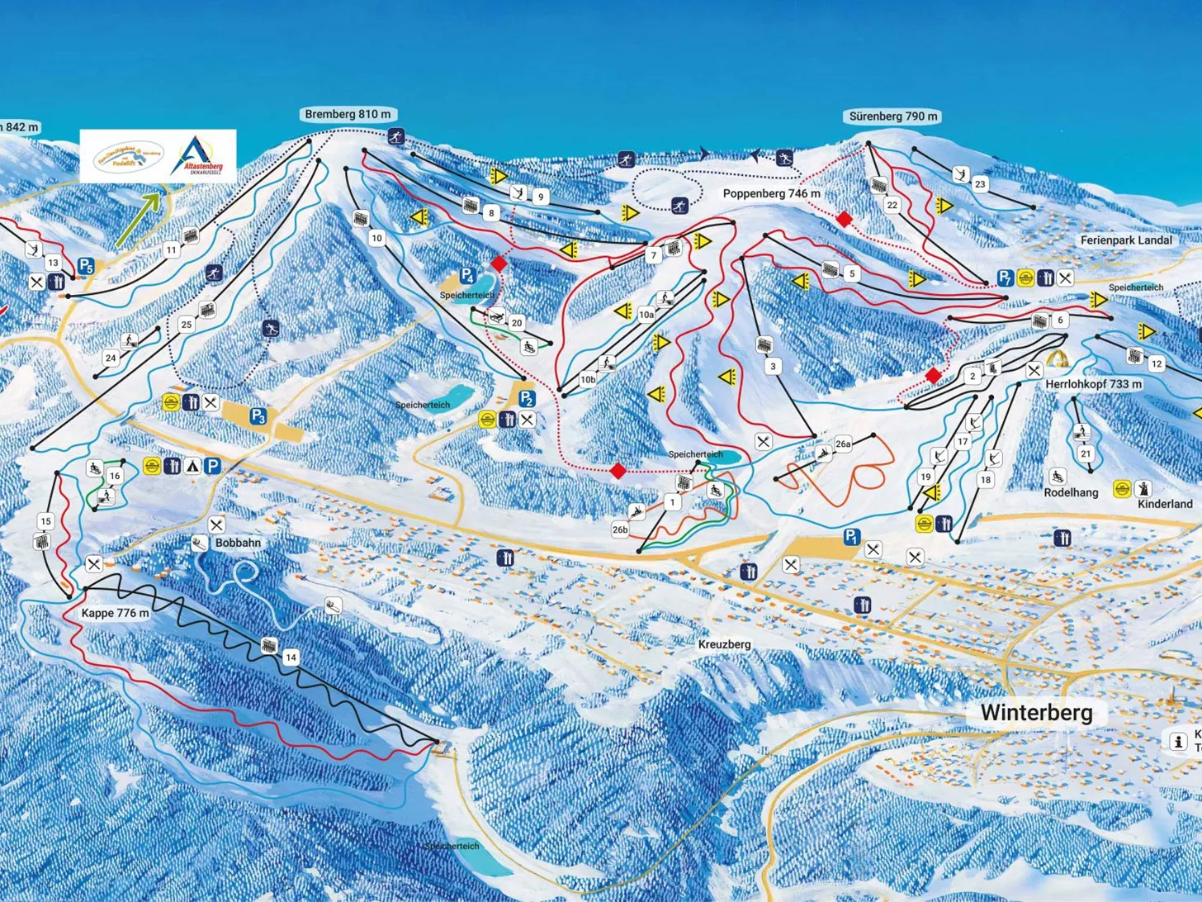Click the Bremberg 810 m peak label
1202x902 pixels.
click(x=348, y=114)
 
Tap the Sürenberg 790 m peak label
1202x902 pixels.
click(x=893, y=116)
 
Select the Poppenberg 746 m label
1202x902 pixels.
click(x=771, y=193)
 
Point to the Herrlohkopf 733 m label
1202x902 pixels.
click(x=1093, y=384)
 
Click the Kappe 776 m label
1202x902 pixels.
click(x=115, y=613)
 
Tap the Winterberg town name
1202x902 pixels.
click(x=1036, y=713)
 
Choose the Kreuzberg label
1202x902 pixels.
click(x=724, y=643)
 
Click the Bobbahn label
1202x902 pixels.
click(x=238, y=543)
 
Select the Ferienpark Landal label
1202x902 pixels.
click(x=1126, y=240)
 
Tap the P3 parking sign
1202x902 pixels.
click(x=258, y=415)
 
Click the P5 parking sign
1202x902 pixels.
click(x=86, y=266)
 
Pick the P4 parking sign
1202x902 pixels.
click(x=467, y=275)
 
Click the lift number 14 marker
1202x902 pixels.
click(x=290, y=658)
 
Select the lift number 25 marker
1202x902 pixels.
click(x=186, y=325)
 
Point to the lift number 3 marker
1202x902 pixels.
click(x=773, y=366)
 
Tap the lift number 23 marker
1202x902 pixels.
click(x=979, y=184)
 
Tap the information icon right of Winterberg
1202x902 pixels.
click(x=1177, y=741)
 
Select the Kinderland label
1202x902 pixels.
click(x=1165, y=503)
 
